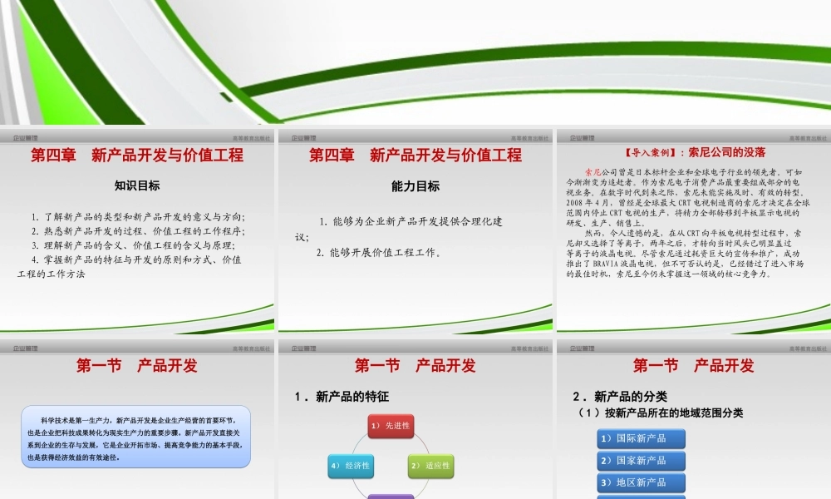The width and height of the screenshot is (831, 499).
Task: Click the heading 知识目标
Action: (137, 186)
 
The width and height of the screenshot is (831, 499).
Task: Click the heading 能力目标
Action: (415, 186)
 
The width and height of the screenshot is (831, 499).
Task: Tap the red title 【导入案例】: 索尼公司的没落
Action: (694, 153)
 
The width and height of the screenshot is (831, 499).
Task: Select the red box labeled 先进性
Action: (391, 426)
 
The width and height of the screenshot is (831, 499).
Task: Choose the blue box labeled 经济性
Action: (350, 466)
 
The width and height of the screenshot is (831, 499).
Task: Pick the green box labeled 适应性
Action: (430, 466)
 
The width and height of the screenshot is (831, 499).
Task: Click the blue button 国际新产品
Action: (642, 438)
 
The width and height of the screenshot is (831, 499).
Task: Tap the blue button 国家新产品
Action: (642, 460)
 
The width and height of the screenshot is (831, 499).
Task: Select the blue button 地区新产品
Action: (642, 482)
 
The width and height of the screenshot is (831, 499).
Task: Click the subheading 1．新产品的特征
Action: (342, 397)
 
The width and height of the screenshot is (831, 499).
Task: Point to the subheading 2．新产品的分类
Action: (620, 397)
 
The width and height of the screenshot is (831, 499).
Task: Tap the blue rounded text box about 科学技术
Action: (135, 437)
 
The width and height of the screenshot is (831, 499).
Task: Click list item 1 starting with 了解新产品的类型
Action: (138, 217)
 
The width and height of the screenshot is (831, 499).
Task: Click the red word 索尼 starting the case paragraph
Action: (594, 171)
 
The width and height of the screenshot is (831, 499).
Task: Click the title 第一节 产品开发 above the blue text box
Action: (137, 365)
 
